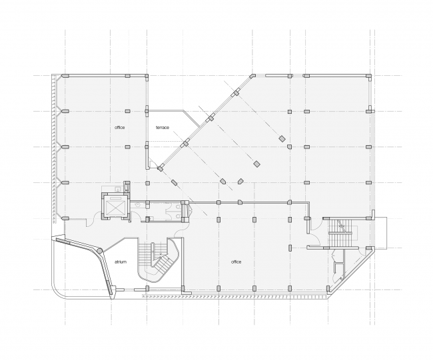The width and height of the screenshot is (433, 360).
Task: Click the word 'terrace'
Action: click(x=163, y=127)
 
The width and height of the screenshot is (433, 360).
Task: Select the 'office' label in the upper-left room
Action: click(x=119, y=127)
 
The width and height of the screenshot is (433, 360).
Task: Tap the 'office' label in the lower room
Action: click(x=236, y=262)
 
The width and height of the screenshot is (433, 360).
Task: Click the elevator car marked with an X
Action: click(x=116, y=207)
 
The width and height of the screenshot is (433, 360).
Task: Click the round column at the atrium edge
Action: click(x=100, y=251)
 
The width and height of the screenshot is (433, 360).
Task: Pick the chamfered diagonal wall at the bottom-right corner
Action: click(x=349, y=270)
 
